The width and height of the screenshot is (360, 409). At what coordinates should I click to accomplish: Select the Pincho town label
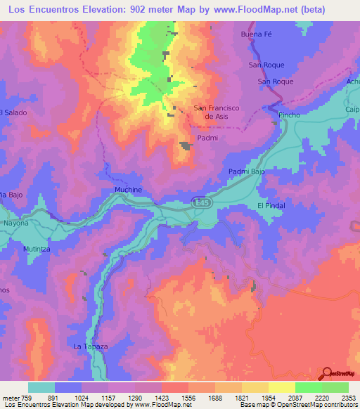click(289, 115)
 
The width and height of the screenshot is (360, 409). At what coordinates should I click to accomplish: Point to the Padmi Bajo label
click(246, 171)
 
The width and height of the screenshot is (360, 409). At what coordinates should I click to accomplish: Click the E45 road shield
click(202, 202)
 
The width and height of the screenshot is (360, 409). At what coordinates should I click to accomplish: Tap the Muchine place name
click(128, 190)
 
